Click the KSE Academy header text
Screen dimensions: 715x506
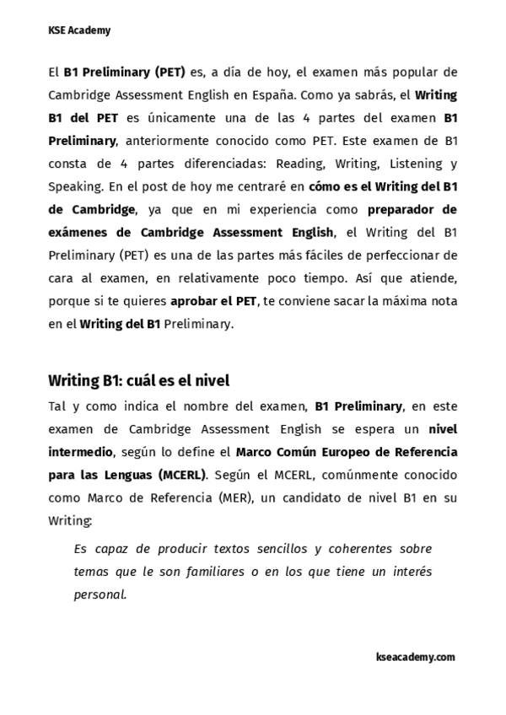pyautogui.click(x=79, y=30)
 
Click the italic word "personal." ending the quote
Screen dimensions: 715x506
pyautogui.click(x=100, y=594)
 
